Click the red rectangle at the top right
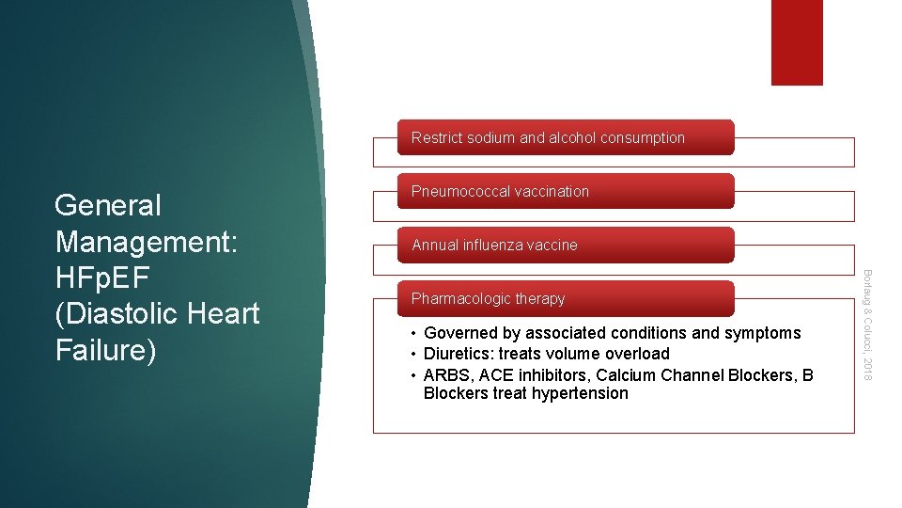tap(797, 42)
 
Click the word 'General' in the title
tap(108, 205)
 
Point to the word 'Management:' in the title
tap(148, 241)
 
